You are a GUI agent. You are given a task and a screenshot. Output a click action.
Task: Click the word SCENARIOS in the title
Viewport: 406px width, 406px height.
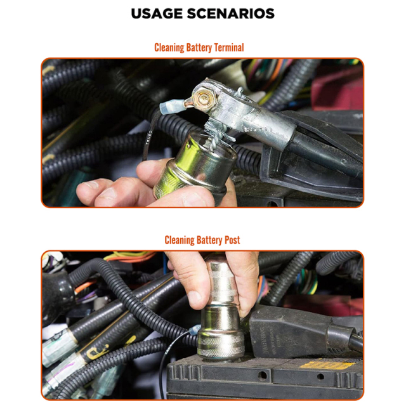point(234,13)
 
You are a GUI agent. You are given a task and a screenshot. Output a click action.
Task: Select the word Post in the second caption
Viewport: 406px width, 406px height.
point(230,240)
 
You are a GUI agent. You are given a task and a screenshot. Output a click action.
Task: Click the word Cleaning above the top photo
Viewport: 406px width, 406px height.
point(172,48)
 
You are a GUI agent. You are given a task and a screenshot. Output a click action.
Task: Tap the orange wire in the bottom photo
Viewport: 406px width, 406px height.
point(127,258)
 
